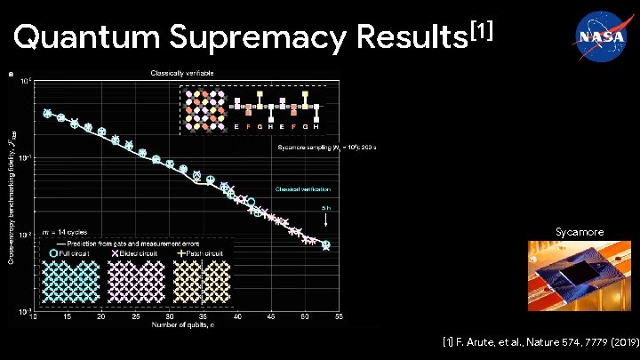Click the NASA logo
coord(591,36)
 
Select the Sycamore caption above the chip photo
coord(580,232)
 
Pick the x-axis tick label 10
coord(34,316)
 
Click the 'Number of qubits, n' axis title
coord(185,325)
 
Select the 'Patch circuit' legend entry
coord(200,252)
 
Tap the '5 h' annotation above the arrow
coord(326,209)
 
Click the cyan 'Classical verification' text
coord(302,189)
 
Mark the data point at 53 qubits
coord(325,244)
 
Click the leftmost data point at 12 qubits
coord(47,114)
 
